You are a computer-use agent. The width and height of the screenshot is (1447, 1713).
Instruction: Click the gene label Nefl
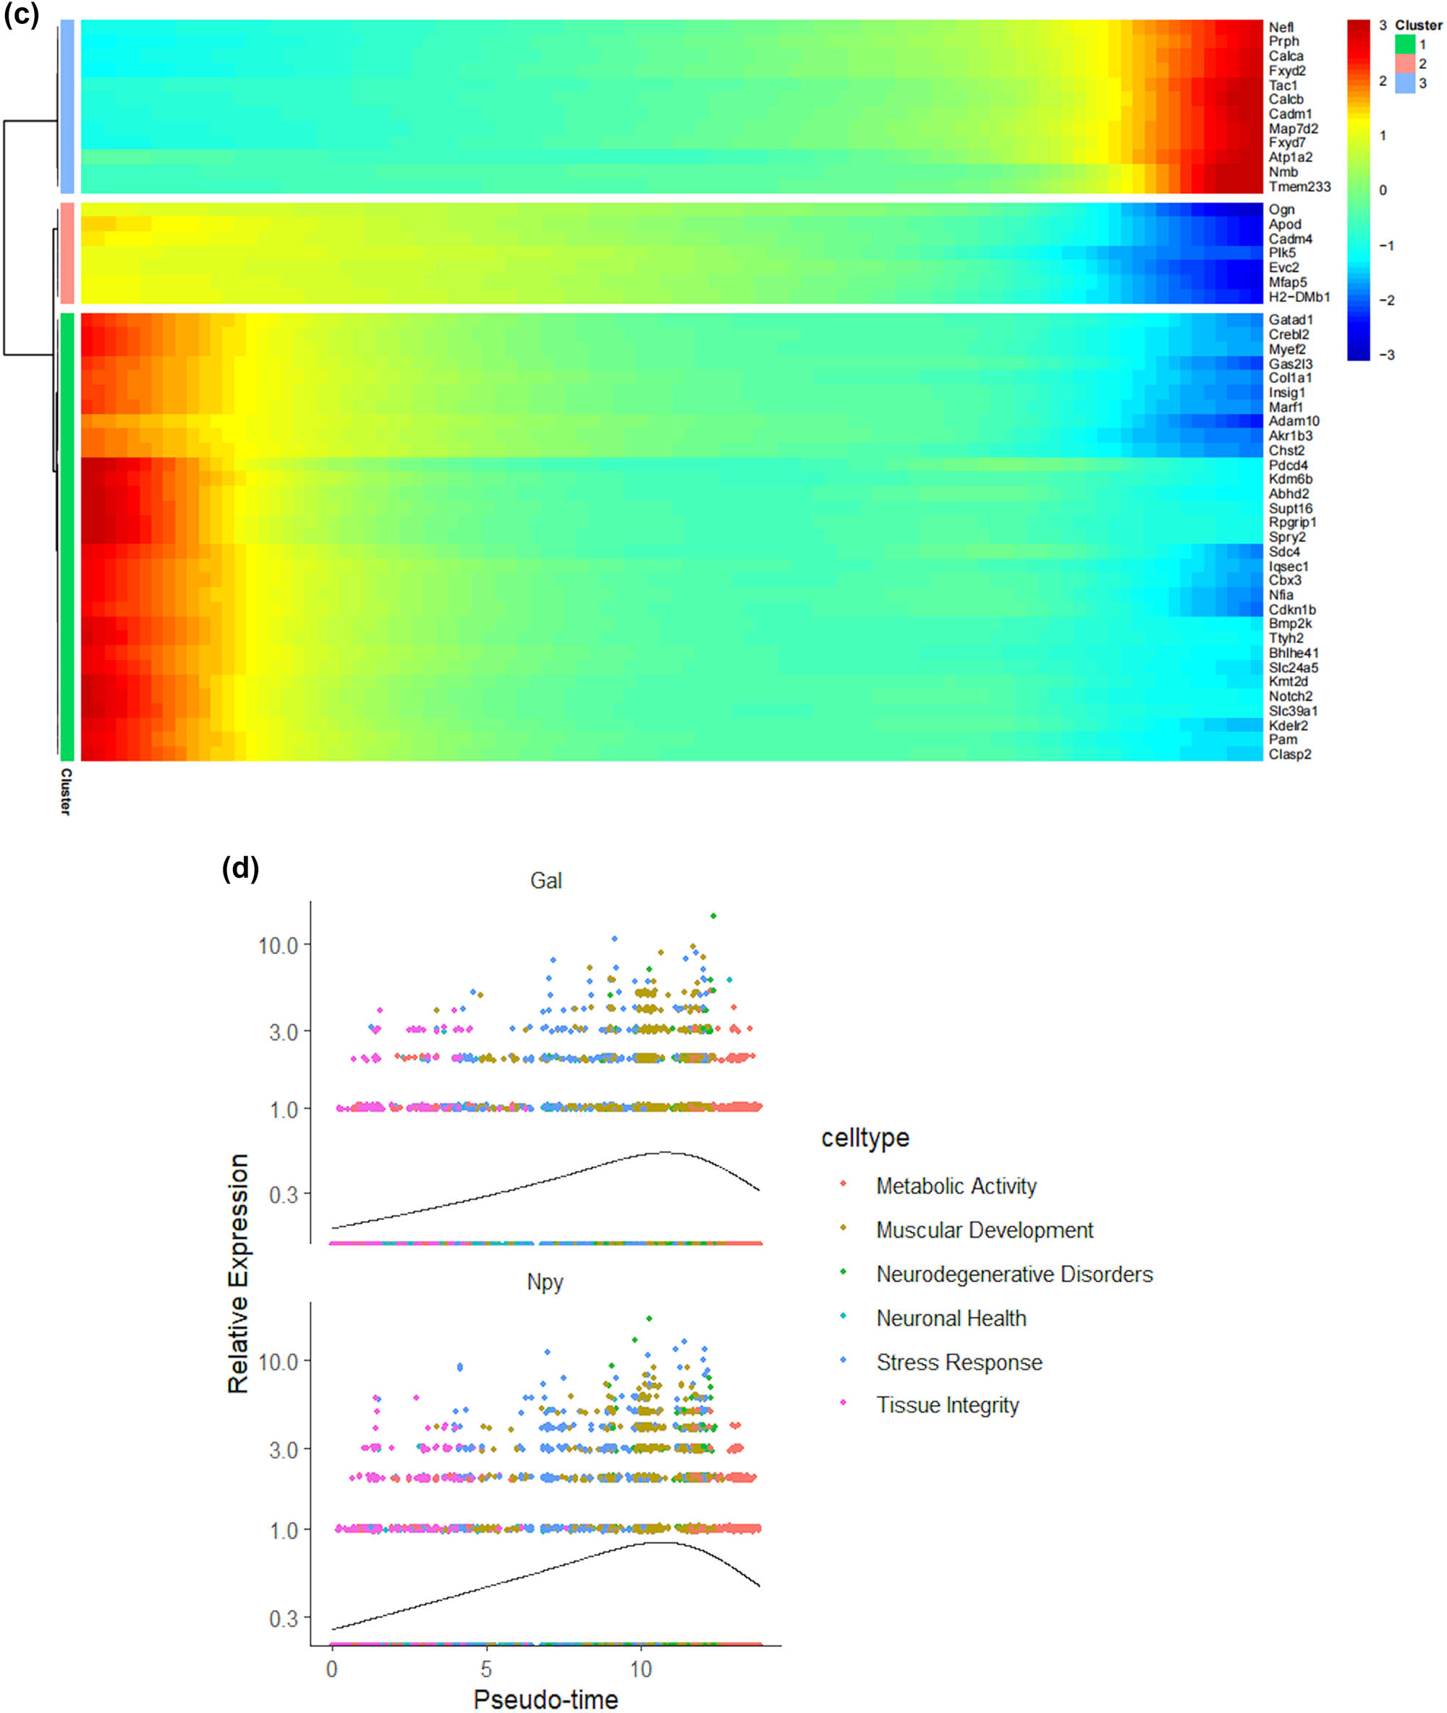coord(1281,27)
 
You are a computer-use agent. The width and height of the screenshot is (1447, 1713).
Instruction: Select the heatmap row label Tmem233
coord(1299,186)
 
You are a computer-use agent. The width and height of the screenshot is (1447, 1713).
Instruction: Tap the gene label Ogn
coord(1281,209)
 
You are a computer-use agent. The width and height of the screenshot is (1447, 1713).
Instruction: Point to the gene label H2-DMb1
coord(1299,296)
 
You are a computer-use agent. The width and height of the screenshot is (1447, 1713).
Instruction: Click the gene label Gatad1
coord(1290,319)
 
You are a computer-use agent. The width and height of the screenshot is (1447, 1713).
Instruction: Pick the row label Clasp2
coord(1289,754)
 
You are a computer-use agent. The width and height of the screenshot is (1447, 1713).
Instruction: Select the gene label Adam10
coord(1294,421)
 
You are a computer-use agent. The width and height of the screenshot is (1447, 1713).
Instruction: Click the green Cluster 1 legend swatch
coord(1405,44)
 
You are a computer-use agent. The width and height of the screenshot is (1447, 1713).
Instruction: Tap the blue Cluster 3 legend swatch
coord(1405,83)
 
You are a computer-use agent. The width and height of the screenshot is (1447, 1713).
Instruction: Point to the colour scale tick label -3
coord(1386,355)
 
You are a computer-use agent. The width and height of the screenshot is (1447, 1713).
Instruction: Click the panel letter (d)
coord(240,868)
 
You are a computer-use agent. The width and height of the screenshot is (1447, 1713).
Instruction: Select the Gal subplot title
coord(546,881)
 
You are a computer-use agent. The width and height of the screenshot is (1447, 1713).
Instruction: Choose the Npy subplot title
coord(545,1282)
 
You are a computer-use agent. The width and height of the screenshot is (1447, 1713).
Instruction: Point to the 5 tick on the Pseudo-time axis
coord(486,1669)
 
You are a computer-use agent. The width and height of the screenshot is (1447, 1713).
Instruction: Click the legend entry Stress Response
coord(959,1362)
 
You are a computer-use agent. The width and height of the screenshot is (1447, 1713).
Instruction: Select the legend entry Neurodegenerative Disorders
coord(1014,1274)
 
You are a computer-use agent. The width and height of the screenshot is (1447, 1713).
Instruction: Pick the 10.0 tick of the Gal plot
coord(278,946)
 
